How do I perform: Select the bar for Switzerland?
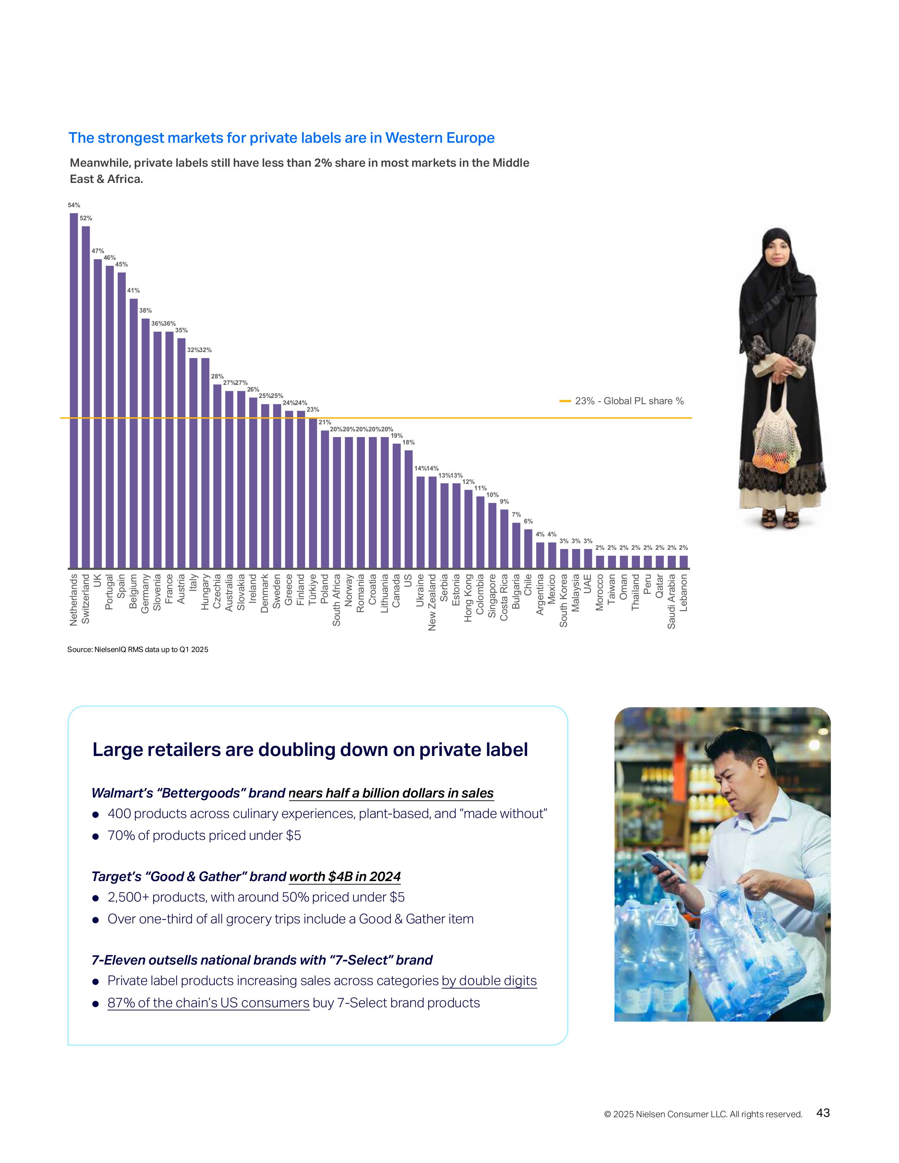pyautogui.click(x=86, y=397)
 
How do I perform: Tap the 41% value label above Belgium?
pyautogui.click(x=133, y=290)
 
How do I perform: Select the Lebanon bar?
pyautogui.click(x=683, y=562)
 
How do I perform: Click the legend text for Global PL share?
pyautogui.click(x=629, y=401)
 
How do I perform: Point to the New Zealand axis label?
pyautogui.click(x=432, y=602)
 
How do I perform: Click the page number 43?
pyautogui.click(x=823, y=1112)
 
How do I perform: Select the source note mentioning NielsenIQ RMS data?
pyautogui.click(x=137, y=649)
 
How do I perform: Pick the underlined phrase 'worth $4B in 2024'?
pyautogui.click(x=344, y=876)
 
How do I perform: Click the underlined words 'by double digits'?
pyautogui.click(x=489, y=980)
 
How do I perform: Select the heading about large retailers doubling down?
pyautogui.click(x=310, y=749)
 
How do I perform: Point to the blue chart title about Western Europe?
pyautogui.click(x=281, y=138)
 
